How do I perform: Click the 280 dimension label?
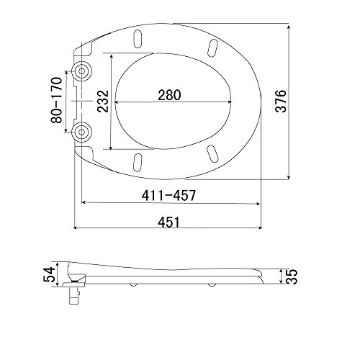[170, 94]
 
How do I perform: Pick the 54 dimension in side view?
[48, 274]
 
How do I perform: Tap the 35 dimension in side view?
[292, 276]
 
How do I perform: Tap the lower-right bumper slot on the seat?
[213, 153]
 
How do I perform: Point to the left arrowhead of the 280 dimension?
[117, 102]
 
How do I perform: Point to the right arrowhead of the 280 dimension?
[232, 102]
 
